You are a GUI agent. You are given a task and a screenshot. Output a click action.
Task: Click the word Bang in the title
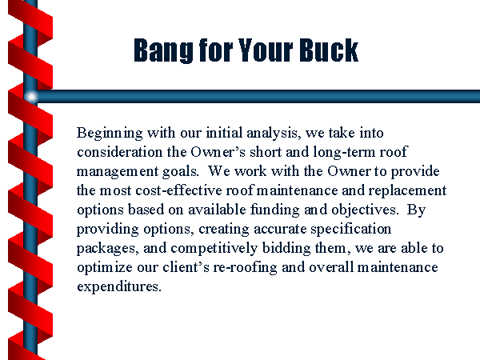(x=163, y=50)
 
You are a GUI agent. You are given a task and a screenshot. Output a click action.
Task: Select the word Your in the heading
(x=266, y=50)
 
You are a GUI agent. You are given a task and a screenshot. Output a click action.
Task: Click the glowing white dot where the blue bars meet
(x=31, y=97)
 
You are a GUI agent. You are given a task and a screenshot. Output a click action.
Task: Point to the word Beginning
(x=110, y=134)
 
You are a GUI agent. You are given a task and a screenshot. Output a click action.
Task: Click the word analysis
(x=274, y=134)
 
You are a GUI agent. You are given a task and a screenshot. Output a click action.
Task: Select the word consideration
(x=119, y=152)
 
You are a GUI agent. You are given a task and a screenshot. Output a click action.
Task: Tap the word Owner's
(x=218, y=152)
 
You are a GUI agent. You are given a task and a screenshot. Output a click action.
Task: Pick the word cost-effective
(x=178, y=190)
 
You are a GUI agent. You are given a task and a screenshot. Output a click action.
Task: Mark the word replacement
(x=407, y=191)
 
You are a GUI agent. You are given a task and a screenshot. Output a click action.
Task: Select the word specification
(x=351, y=230)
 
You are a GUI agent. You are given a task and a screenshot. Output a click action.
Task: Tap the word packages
(x=106, y=249)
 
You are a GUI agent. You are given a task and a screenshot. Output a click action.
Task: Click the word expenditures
(x=118, y=287)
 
